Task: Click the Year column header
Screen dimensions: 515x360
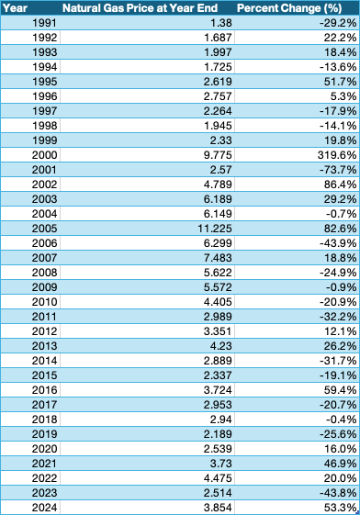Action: (x=14, y=7)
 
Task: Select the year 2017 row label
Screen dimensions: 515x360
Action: (x=44, y=407)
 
